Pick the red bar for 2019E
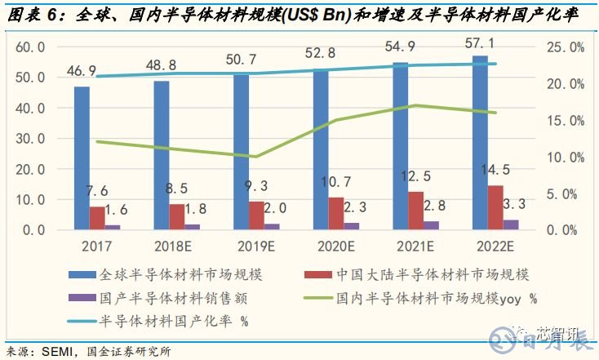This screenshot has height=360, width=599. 256,216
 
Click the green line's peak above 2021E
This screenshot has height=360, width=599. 416,105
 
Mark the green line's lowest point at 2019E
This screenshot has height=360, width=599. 256,157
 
